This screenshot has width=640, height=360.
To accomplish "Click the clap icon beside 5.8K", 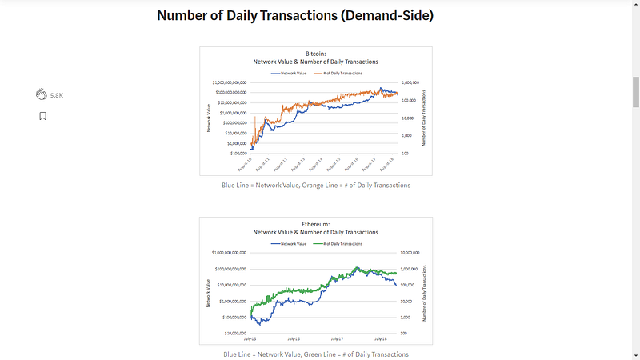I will tap(42, 94).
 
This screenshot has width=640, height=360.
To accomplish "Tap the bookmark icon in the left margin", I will tap(42, 116).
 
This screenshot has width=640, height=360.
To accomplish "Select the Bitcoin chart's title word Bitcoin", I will tap(316, 54).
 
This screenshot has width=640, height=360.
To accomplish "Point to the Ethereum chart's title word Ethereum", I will tap(316, 224).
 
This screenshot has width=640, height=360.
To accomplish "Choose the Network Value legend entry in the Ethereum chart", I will tap(292, 243).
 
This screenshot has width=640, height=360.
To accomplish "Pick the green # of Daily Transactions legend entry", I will tap(342, 243).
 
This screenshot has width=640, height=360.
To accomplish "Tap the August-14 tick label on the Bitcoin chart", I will tap(318, 165).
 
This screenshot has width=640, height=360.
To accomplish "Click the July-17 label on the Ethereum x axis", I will tap(352, 338).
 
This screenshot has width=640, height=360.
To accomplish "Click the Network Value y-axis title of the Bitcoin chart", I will tap(209, 116).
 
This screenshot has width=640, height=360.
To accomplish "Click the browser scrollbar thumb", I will tap(635, 92).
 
